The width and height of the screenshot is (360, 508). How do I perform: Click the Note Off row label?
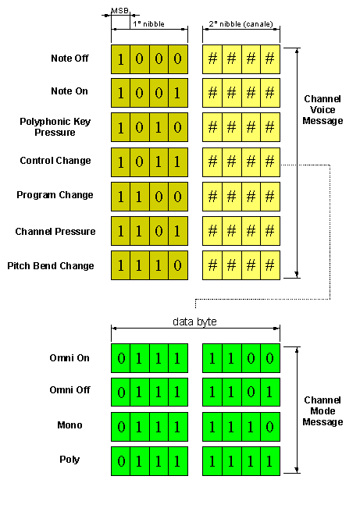tap(70, 59)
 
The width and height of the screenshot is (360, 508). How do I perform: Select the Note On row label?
tap(70, 91)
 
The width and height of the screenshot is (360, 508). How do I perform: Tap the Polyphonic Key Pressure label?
tap(55, 127)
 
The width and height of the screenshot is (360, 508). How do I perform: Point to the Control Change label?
tap(55, 161)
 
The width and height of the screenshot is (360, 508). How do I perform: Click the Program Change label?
tap(55, 195)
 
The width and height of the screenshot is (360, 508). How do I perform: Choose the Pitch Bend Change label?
tap(51, 265)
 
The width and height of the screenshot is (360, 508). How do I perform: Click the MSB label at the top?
tap(120, 11)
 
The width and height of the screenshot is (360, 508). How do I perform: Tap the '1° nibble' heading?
tap(148, 24)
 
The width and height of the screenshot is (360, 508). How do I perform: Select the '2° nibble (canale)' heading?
tap(241, 24)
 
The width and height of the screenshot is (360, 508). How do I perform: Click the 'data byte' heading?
tap(194, 321)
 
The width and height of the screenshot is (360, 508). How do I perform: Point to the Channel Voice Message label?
tap(323, 110)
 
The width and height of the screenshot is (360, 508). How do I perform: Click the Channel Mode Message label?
tap(323, 411)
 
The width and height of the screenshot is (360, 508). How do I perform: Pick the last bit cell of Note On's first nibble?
tap(178, 93)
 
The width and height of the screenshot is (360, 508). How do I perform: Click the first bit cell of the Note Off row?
tap(120, 59)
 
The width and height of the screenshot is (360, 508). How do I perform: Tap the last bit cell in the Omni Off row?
tap(270, 392)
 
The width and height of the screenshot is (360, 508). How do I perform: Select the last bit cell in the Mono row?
tap(270, 427)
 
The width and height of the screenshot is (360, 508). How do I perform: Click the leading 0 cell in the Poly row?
tap(120, 461)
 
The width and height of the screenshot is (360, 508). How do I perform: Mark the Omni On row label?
tap(70, 358)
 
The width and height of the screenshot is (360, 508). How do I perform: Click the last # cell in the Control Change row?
tap(270, 162)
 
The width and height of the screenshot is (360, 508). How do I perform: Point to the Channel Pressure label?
tap(55, 231)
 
